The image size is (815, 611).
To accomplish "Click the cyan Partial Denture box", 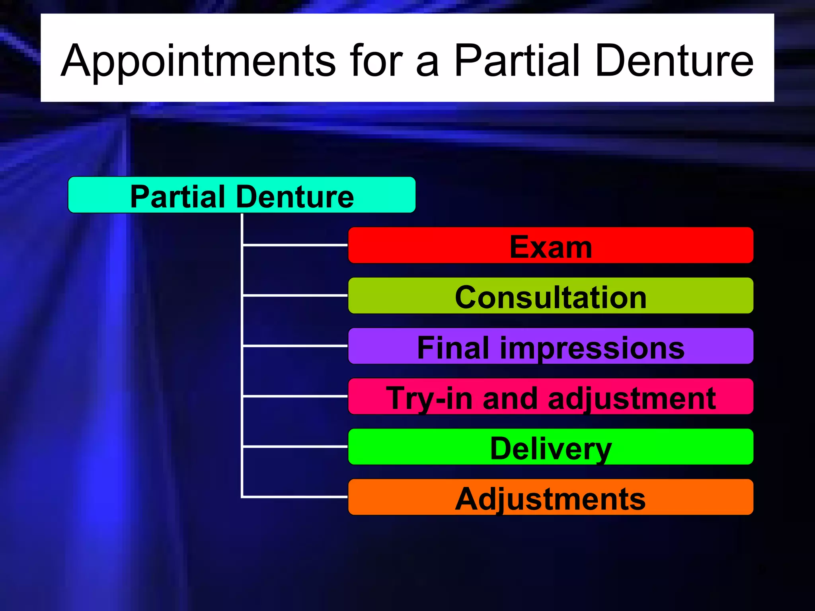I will click(242, 195).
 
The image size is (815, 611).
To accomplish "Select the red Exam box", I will click(550, 245).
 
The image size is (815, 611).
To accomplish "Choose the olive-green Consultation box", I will click(550, 296).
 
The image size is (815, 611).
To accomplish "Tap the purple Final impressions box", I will click(550, 346).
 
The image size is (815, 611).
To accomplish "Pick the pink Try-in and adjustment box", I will click(550, 397).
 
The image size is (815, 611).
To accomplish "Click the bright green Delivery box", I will click(550, 447).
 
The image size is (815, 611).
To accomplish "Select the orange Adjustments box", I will click(550, 497).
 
